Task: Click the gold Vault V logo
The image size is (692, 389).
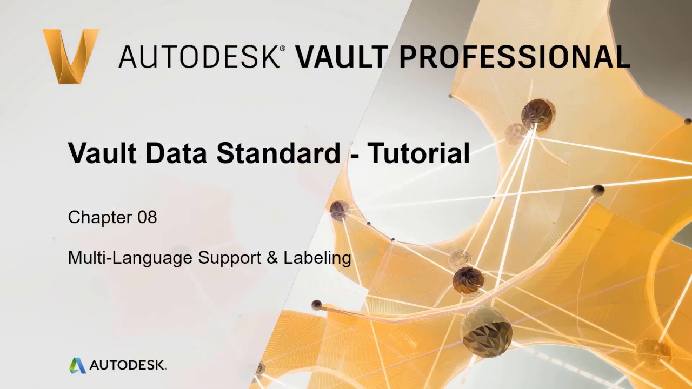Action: tap(71, 56)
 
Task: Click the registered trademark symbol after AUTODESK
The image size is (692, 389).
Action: tap(282, 49)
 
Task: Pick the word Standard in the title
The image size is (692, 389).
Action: tap(278, 153)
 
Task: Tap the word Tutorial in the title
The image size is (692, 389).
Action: tap(418, 153)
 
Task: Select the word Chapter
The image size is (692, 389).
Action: tap(100, 217)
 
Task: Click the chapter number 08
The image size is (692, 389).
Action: tap(147, 217)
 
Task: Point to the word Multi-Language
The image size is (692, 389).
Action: tap(130, 258)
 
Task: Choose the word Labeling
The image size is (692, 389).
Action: tap(317, 258)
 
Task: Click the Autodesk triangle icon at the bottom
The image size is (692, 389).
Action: tap(77, 365)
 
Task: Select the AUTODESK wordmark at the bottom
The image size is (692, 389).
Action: tap(128, 365)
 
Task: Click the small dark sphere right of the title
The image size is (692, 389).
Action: tap(598, 190)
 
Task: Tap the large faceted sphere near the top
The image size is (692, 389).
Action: tap(537, 113)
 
